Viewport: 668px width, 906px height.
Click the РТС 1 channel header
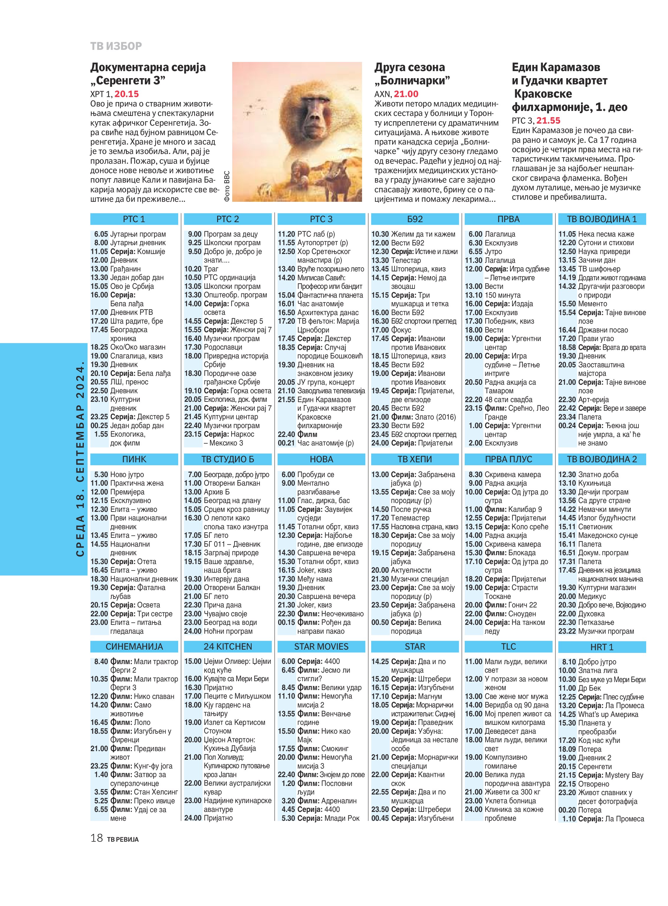click(134, 219)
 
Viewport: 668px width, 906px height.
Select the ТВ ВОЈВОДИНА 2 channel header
click(601, 459)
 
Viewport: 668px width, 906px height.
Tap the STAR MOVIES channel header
click(321, 646)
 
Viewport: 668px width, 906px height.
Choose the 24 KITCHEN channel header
click(228, 646)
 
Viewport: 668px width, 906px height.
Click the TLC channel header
click(508, 646)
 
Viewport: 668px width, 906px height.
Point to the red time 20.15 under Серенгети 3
click(127, 94)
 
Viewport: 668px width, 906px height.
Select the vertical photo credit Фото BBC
click(227, 186)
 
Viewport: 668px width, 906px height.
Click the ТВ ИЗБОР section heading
click(116, 46)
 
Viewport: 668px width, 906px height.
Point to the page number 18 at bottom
click(97, 838)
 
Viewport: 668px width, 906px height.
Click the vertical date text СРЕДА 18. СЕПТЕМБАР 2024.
click(80, 459)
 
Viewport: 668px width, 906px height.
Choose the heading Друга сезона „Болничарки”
click(412, 73)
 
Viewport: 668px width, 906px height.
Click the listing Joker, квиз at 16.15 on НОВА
click(314, 570)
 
